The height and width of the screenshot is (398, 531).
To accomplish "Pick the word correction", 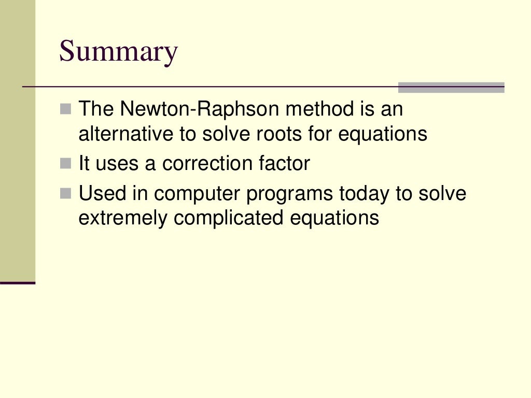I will pyautogui.click(x=208, y=164).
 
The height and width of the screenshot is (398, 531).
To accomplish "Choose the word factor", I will pyautogui.click(x=284, y=164).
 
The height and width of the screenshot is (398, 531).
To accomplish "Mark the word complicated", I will pyautogui.click(x=229, y=218).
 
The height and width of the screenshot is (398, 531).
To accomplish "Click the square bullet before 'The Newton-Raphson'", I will pyautogui.click(x=65, y=109).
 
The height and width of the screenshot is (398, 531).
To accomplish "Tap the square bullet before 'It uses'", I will pyautogui.click(x=65, y=164).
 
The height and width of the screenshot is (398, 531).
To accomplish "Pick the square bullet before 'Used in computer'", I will pyautogui.click(x=65, y=193).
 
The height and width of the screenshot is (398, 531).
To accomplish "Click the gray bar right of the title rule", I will pyautogui.click(x=451, y=88).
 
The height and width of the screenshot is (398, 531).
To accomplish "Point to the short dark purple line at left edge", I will pyautogui.click(x=17, y=283).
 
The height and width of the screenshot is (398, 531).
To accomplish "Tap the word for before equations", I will pyautogui.click(x=320, y=134).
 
